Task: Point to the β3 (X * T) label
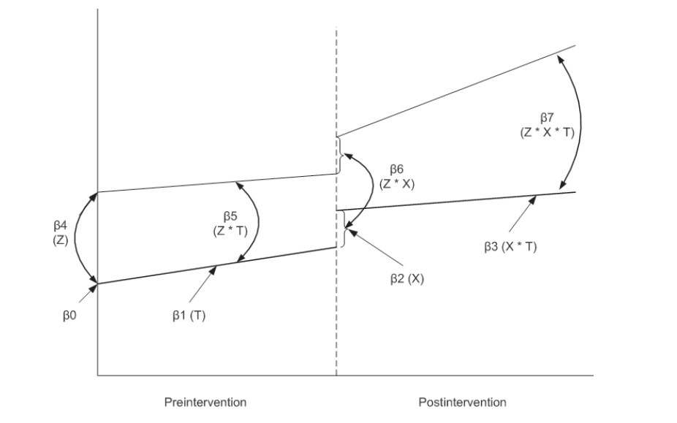510,247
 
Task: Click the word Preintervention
205,402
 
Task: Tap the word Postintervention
462,402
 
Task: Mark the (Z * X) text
397,184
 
